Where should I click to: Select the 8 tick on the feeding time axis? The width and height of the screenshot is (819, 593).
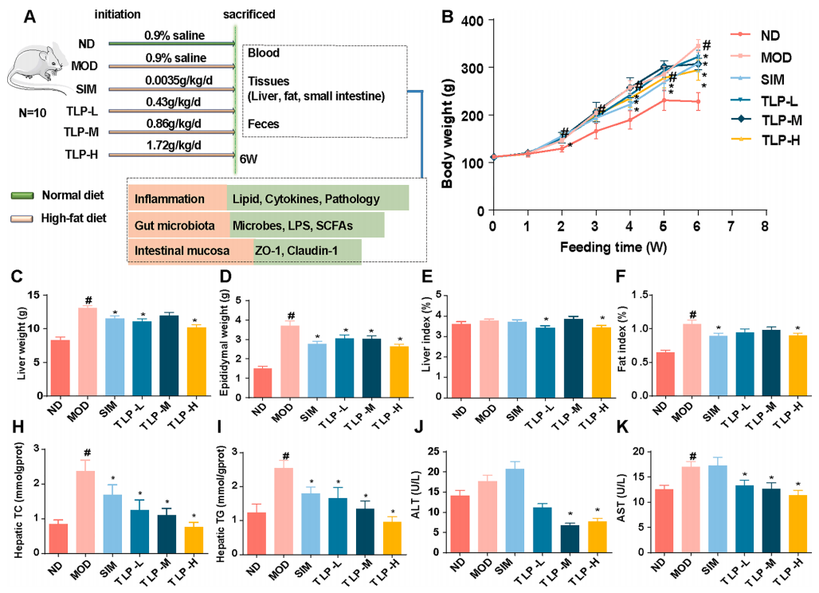(x=764, y=226)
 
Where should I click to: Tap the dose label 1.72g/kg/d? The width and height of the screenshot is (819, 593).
(x=173, y=146)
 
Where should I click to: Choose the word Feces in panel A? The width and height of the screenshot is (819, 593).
(x=264, y=125)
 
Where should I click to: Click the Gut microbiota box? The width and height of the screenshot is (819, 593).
(x=177, y=226)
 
